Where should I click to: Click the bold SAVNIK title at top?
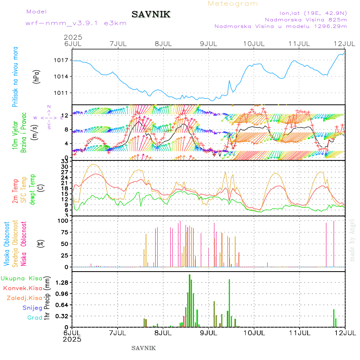[151, 15]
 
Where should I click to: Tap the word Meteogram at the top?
[233, 4]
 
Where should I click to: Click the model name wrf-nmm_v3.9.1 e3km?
[76, 23]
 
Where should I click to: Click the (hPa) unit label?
[36, 76]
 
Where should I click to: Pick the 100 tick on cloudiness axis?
[64, 221]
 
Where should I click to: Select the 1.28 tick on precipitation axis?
[62, 282]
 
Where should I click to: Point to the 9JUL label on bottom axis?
[208, 332]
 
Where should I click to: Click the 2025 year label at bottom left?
[72, 339]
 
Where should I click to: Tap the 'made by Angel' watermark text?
[352, 240]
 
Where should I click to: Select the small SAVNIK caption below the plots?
[144, 348]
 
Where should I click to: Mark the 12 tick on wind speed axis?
[64, 115]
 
